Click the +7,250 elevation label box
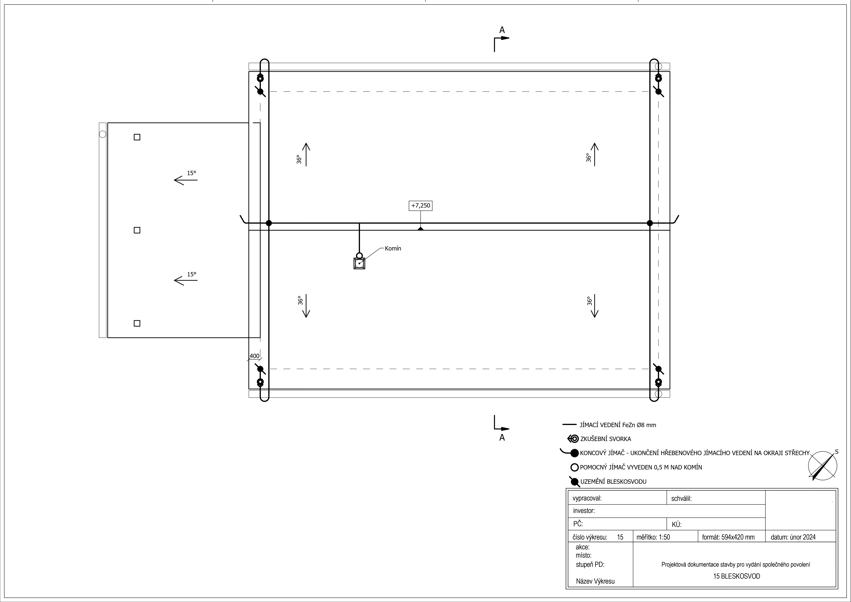(x=420, y=205)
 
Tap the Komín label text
(x=393, y=248)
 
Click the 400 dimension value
(x=254, y=356)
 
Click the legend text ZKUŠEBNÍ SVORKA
(x=606, y=439)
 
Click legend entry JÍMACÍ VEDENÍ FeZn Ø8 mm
(x=618, y=425)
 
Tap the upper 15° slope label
(x=191, y=173)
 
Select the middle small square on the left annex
(x=137, y=230)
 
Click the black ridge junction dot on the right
(x=650, y=223)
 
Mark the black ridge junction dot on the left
(x=269, y=223)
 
